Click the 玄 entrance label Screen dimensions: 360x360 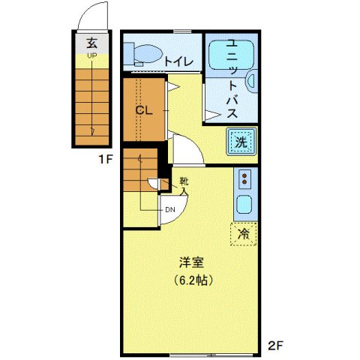91,42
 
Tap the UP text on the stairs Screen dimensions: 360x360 91,56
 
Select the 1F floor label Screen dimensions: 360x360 103,160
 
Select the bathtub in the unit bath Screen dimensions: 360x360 230,54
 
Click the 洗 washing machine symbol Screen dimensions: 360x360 241,141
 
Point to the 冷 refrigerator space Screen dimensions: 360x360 243,234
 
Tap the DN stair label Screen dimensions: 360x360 169,210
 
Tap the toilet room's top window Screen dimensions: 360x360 181,31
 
